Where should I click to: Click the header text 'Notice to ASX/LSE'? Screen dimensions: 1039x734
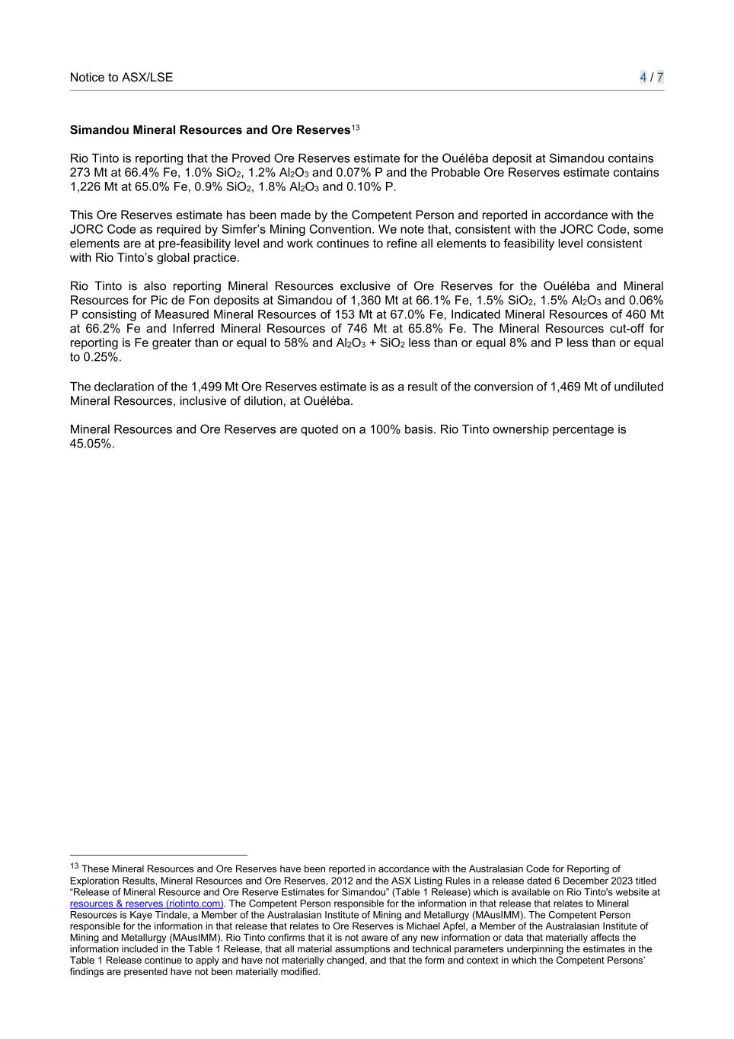pyautogui.click(x=121, y=77)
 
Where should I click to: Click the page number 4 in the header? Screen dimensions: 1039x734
pyautogui.click(x=643, y=77)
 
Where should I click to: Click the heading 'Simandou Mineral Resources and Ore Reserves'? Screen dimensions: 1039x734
pyautogui.click(x=209, y=130)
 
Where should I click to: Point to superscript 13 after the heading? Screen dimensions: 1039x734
pyautogui.click(x=356, y=127)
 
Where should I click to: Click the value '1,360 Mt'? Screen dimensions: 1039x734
pyautogui.click(x=374, y=301)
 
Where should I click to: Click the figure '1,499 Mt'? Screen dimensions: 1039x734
pyautogui.click(x=215, y=387)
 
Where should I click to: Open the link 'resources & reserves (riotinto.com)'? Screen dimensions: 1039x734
pyautogui.click(x=147, y=904)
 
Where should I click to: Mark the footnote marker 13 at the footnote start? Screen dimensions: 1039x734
pyautogui.click(x=75, y=867)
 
